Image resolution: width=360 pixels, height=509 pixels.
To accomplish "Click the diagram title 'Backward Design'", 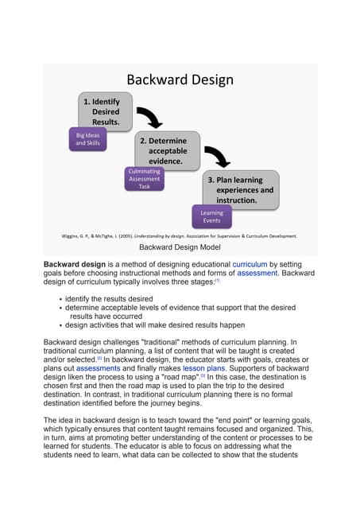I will click(x=180, y=80).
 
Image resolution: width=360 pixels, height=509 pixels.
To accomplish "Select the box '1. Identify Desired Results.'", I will click(x=103, y=112).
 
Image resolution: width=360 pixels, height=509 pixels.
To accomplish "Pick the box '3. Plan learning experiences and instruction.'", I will click(x=239, y=190).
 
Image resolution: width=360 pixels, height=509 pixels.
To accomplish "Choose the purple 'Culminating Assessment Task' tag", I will click(x=144, y=179).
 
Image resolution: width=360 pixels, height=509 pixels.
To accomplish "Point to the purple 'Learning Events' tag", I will click(x=212, y=216).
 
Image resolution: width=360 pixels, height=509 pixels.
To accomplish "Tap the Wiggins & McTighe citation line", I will click(x=180, y=235).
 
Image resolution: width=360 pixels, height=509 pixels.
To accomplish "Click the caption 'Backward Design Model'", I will click(x=180, y=248).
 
